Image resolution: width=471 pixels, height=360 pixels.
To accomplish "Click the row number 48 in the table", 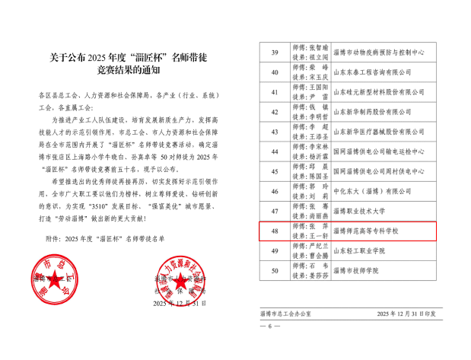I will (274, 230).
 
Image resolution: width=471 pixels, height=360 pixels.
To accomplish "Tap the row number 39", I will (274, 52).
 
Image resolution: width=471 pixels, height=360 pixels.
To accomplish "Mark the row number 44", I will (274, 151).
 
